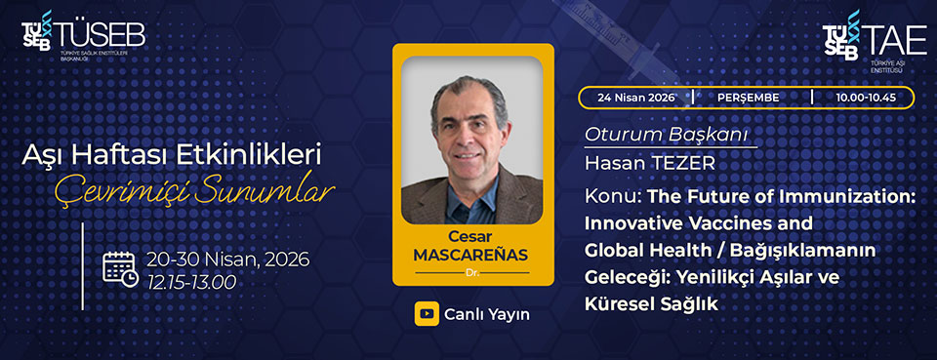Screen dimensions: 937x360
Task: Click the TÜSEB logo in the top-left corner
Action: pos(83,37)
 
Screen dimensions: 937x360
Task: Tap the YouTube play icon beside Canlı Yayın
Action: pos(427,314)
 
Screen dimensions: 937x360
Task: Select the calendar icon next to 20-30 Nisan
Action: pos(120,269)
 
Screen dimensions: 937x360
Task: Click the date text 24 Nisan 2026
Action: pos(635,98)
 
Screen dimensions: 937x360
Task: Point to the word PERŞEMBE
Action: pos(750,98)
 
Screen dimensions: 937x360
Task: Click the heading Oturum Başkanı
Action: pos(665,136)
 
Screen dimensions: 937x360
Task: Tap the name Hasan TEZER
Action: pos(650,164)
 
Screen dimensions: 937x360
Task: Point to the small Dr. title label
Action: pos(472,273)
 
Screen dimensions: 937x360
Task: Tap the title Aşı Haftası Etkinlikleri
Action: pos(172,156)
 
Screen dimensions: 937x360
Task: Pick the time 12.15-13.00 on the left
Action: pos(191,282)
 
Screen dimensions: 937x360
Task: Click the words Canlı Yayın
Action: pos(486,314)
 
